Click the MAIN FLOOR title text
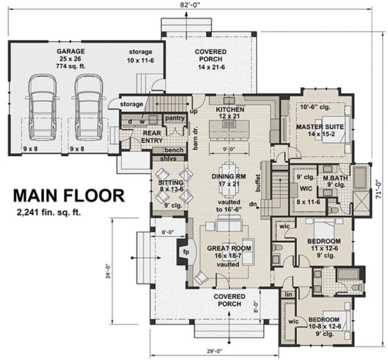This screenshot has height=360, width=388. point(69,195)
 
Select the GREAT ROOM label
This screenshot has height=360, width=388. point(228,248)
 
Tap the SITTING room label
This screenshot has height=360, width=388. point(170,183)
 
